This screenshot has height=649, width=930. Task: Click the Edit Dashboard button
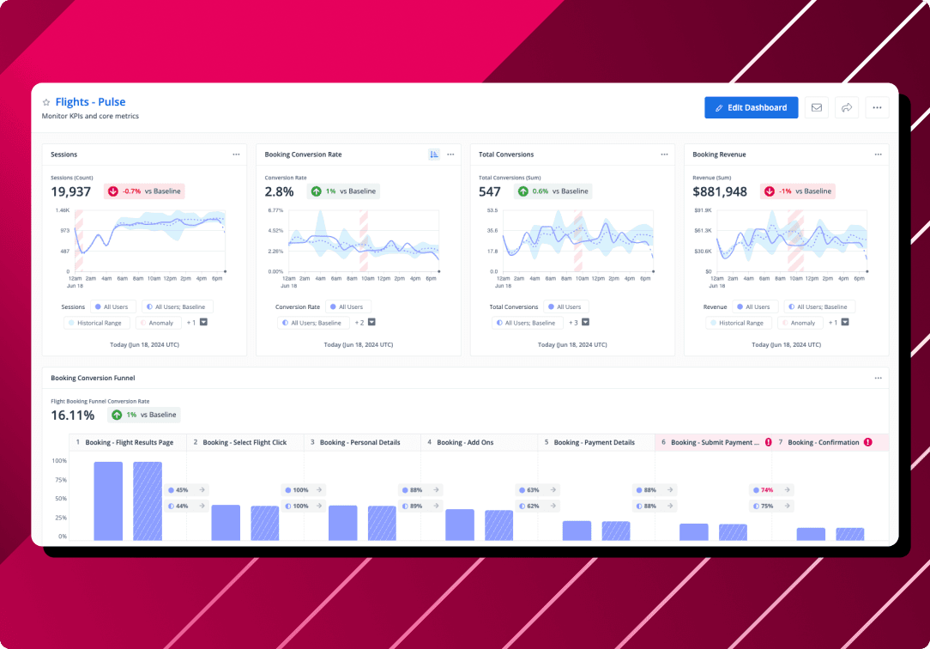pyautogui.click(x=751, y=107)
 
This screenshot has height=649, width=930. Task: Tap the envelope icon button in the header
pyautogui.click(x=816, y=107)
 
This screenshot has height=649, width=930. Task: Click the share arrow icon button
pyautogui.click(x=846, y=107)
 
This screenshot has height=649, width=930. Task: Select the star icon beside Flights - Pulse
pyautogui.click(x=46, y=102)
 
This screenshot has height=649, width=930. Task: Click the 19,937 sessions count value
pyautogui.click(x=70, y=191)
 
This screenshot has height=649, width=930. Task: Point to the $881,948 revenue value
pyautogui.click(x=720, y=191)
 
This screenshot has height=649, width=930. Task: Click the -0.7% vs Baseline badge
pyautogui.click(x=144, y=191)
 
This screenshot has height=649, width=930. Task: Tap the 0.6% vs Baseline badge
pyautogui.click(x=553, y=191)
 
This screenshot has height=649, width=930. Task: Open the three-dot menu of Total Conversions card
pyautogui.click(x=664, y=155)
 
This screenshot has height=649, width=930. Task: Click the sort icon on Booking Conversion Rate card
pyautogui.click(x=434, y=155)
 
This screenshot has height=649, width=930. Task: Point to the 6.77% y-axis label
pyautogui.click(x=275, y=209)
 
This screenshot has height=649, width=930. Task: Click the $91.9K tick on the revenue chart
pyautogui.click(x=703, y=209)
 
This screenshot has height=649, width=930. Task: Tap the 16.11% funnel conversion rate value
pyautogui.click(x=72, y=415)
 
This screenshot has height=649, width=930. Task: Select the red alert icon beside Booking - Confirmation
pyautogui.click(x=867, y=442)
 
